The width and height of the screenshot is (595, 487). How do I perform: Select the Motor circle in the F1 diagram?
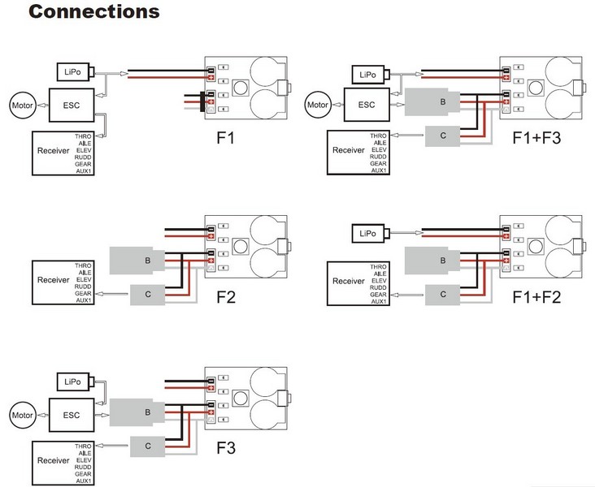click(x=21, y=104)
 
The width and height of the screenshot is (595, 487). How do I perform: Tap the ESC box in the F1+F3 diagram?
click(x=367, y=104)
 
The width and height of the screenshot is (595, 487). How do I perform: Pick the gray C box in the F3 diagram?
click(x=147, y=445)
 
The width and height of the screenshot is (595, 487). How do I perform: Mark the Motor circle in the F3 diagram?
click(x=21, y=416)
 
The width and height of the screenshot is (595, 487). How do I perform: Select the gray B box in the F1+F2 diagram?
click(x=441, y=261)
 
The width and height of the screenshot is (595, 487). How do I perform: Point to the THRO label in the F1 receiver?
click(x=83, y=136)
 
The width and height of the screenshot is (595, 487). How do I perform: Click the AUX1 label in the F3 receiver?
click(x=83, y=481)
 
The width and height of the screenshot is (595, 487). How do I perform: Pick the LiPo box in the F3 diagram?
click(x=71, y=381)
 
